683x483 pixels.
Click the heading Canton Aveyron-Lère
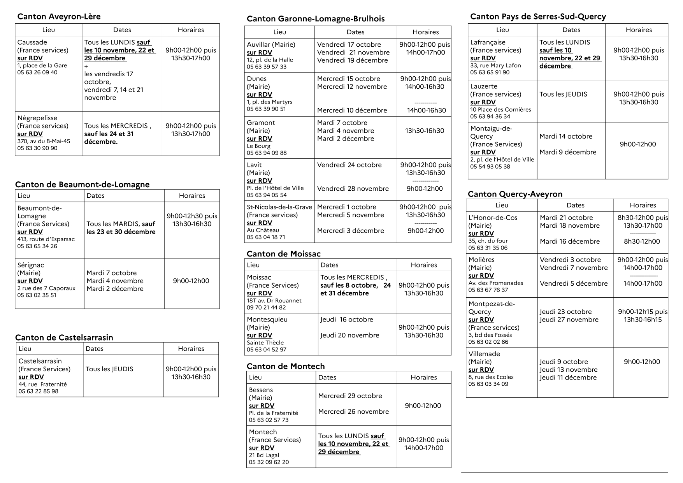tap(59, 16)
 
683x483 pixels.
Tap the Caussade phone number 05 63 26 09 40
tap(37, 72)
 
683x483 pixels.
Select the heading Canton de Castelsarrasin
tap(64, 337)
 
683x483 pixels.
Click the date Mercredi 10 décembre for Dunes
tap(352, 110)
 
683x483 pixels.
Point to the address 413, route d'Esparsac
tap(46, 239)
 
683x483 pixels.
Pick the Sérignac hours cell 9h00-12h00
tap(191, 281)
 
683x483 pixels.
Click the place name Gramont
tap(261, 123)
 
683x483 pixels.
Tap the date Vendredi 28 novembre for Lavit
tap(353, 189)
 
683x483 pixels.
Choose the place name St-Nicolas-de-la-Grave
tap(279, 207)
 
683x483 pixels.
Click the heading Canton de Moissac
tap(284, 254)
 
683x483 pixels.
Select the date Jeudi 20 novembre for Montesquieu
tap(349, 335)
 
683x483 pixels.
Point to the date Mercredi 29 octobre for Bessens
tap(350, 396)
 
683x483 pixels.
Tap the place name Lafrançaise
tap(488, 42)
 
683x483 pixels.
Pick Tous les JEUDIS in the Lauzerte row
tap(563, 94)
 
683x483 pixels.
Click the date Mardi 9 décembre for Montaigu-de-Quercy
tap(568, 152)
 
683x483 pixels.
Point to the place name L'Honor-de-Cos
tap(493, 218)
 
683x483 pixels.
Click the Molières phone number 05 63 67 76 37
tap(488, 290)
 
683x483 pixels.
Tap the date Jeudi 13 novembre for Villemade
tap(569, 370)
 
